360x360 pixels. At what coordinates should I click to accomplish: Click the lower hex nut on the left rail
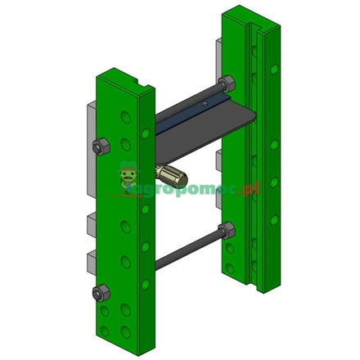[x=103, y=291]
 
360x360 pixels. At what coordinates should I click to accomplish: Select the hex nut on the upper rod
[x=227, y=83]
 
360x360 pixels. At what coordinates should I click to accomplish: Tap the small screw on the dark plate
[x=199, y=105]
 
